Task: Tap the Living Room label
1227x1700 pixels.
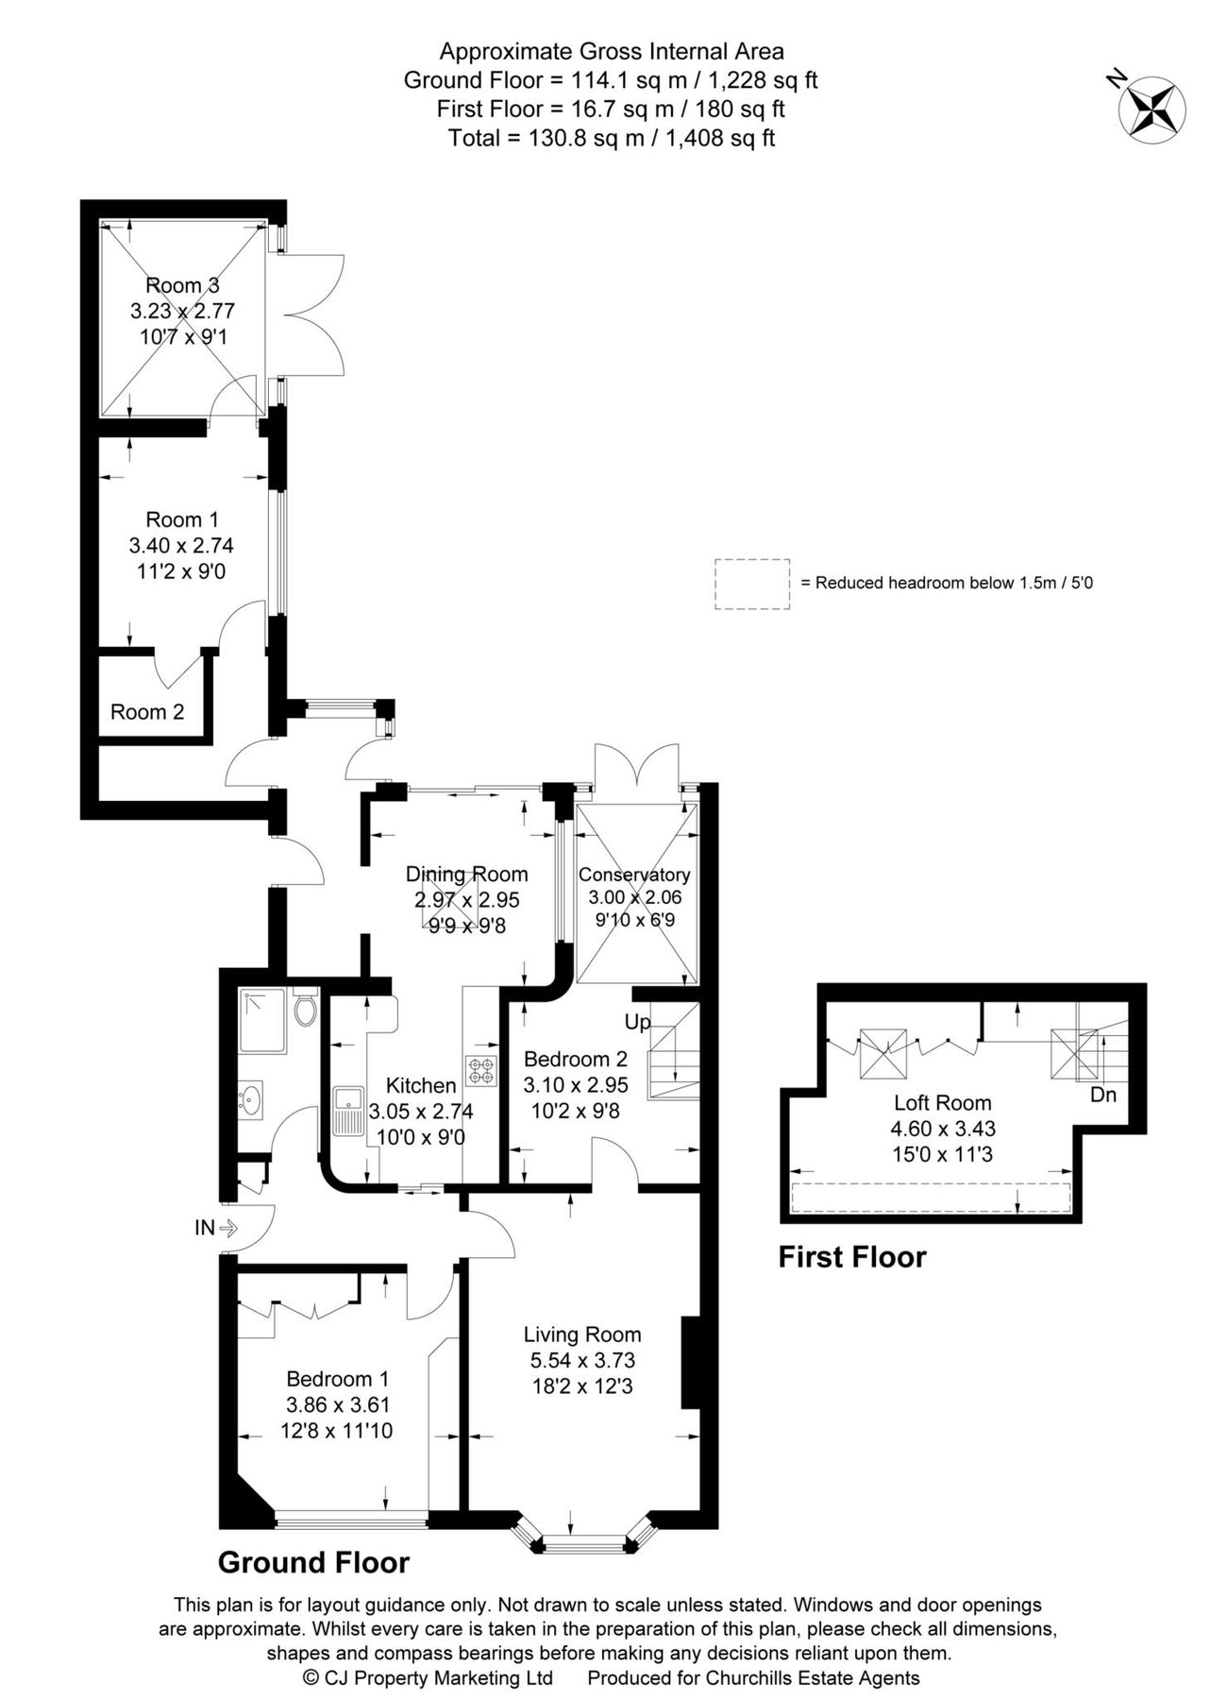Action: [582, 1334]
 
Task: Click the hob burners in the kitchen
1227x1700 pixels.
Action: [480, 1070]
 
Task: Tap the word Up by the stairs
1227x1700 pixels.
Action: [637, 1022]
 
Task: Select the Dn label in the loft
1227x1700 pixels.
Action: [1102, 1095]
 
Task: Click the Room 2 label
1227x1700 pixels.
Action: [147, 712]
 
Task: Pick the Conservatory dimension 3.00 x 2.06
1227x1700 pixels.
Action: [634, 897]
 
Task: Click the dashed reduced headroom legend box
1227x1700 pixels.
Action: [751, 583]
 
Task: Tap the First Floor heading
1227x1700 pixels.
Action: [851, 1257]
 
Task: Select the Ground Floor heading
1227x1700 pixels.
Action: [313, 1562]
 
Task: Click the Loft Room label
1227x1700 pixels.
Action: [942, 1102]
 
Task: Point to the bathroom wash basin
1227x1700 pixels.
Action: [251, 1099]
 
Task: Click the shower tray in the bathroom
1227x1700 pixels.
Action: [262, 1021]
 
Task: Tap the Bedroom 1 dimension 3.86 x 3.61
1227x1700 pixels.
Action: [337, 1404]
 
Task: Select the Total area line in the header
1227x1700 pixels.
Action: [612, 138]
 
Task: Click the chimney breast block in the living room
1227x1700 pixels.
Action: [691, 1362]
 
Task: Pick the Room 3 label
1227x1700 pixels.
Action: [182, 285]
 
